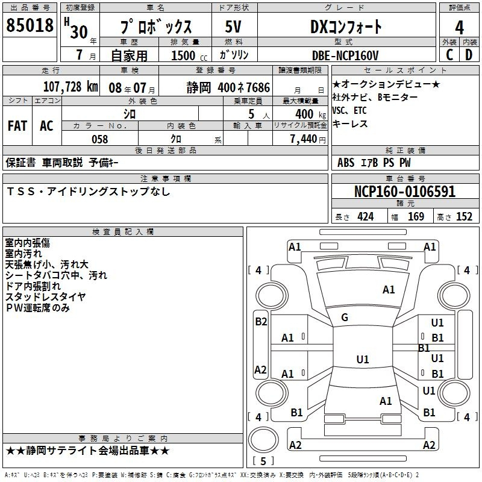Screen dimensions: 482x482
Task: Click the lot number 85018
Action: [30, 25]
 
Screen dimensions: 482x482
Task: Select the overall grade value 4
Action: [459, 28]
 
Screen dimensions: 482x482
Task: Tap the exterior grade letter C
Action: [449, 55]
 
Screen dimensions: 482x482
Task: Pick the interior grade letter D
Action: [469, 55]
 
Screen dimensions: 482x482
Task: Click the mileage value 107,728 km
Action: [70, 87]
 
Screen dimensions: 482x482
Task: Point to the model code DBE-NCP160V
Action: [345, 55]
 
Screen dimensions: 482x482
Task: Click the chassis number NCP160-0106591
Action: [405, 192]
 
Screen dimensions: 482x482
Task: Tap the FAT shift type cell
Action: [17, 126]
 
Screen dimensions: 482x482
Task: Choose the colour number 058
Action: [100, 139]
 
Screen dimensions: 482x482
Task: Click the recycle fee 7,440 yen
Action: [308, 139]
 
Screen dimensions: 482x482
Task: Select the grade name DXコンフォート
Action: [346, 27]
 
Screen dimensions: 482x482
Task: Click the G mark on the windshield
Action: [345, 318]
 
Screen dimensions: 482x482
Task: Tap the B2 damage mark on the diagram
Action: [261, 322]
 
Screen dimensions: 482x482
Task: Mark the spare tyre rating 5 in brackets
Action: [263, 461]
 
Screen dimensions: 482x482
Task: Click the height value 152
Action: [464, 217]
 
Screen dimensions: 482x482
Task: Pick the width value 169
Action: [416, 217]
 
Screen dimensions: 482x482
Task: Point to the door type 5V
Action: [233, 27]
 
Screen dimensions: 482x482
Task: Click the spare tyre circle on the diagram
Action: [263, 440]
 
